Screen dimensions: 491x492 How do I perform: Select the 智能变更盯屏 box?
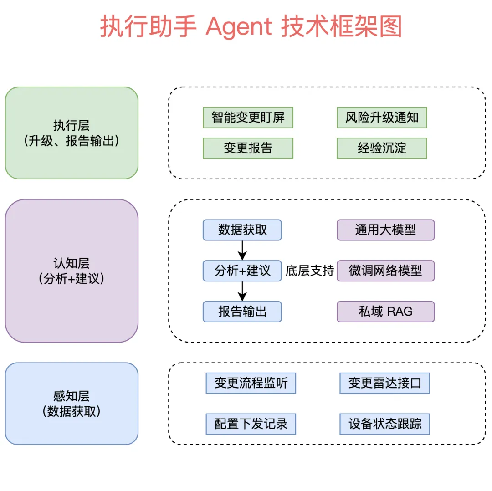248,118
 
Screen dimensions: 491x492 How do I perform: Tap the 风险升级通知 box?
382,118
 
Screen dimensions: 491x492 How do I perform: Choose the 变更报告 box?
248,148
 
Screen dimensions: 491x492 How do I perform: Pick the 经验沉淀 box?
382,148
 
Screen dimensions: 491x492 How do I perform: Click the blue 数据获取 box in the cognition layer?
242,230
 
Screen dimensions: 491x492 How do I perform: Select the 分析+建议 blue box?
242,271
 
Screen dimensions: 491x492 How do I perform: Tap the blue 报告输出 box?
242,312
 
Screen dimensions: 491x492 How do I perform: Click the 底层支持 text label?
310,271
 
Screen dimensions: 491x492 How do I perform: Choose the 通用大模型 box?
385,230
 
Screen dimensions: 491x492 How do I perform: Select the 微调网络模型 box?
385,271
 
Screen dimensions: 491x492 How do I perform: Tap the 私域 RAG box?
385,312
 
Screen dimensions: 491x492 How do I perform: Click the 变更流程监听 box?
251,383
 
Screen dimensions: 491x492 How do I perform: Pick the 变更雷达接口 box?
384,383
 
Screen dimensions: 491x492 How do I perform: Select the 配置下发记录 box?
251,424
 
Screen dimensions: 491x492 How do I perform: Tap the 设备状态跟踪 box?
384,424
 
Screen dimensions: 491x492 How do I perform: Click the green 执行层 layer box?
72,133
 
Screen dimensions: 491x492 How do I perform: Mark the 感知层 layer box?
72,403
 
